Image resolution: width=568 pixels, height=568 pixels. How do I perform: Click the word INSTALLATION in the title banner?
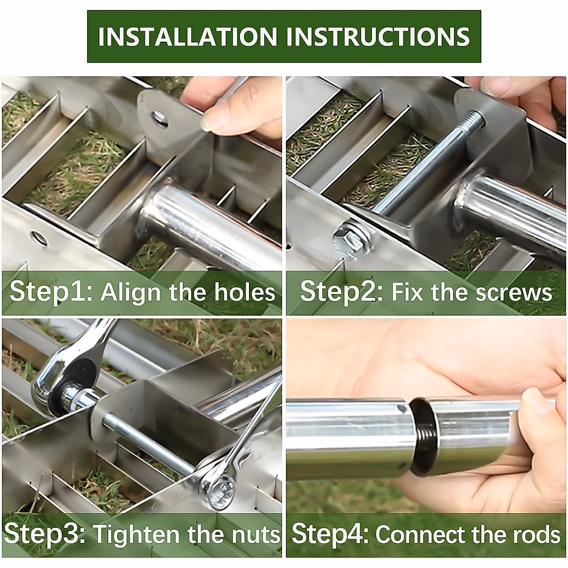pyautogui.click(x=187, y=36)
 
